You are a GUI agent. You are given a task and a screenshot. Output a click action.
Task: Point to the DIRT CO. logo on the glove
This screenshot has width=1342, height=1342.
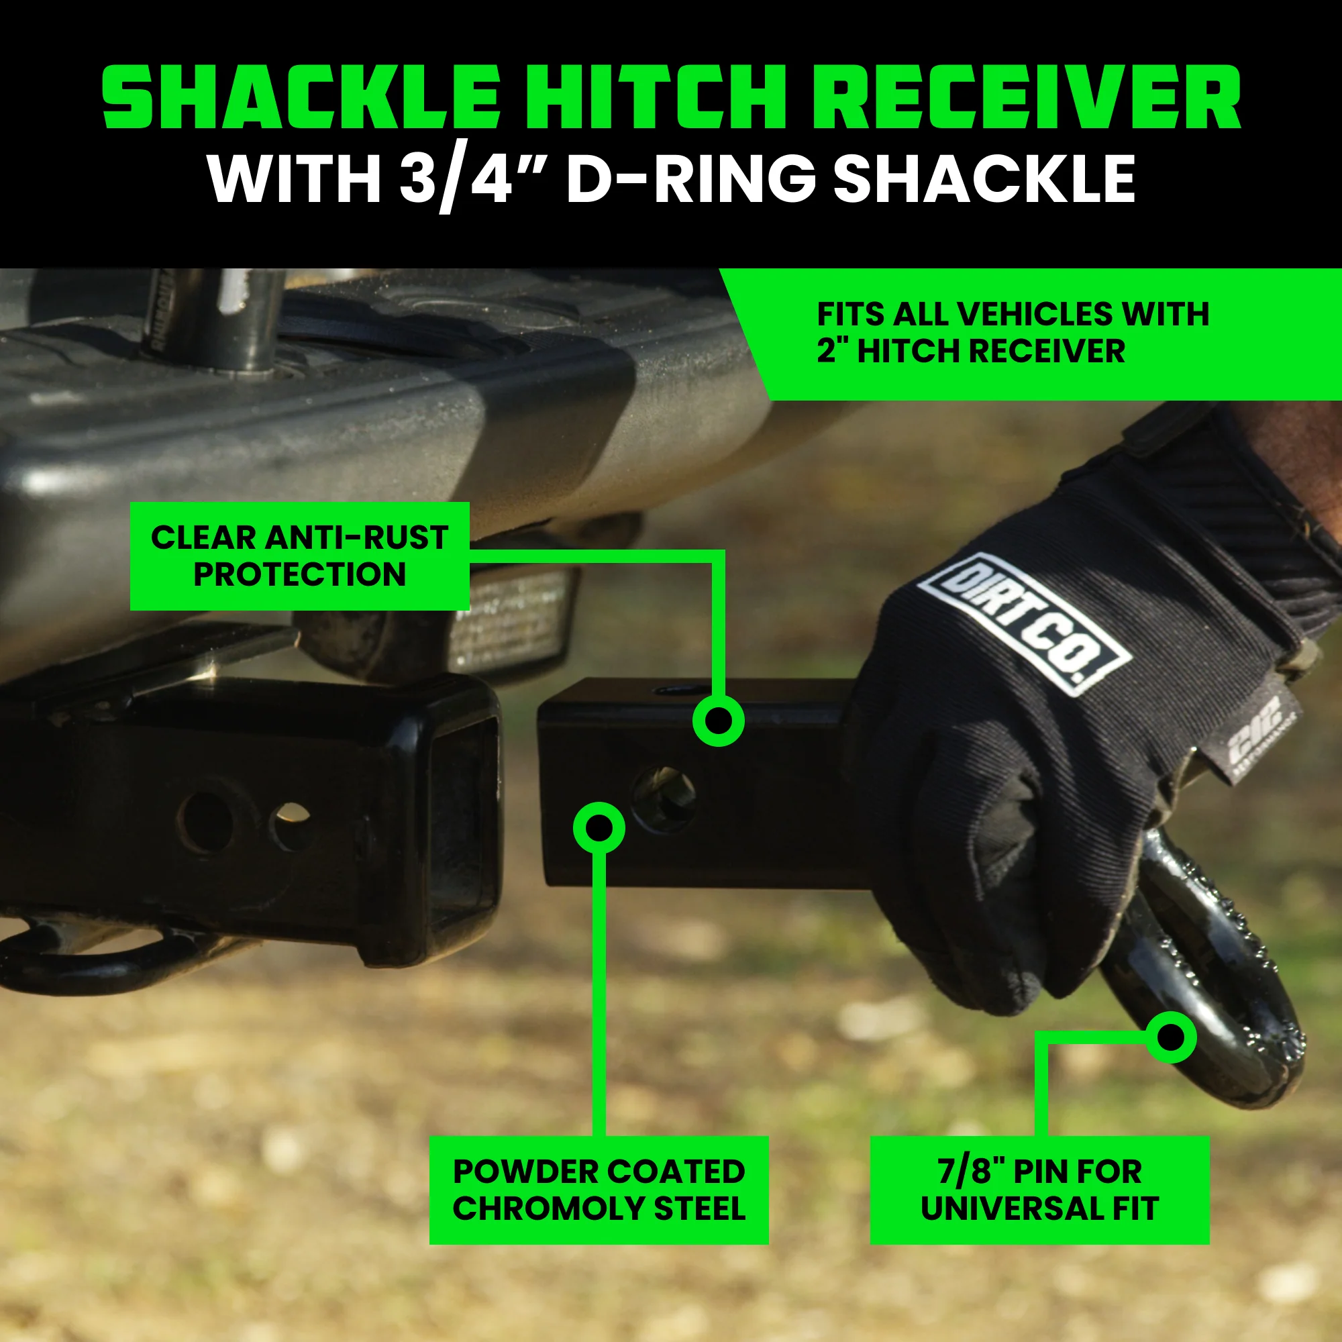pyautogui.click(x=1024, y=623)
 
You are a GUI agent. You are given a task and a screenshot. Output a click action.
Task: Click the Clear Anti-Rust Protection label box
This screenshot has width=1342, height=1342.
pyautogui.click(x=299, y=556)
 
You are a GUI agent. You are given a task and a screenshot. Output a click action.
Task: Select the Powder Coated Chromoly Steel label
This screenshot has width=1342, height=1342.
pyautogui.click(x=599, y=1190)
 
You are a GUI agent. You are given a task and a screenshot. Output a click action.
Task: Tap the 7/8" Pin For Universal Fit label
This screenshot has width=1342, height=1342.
pyautogui.click(x=1039, y=1190)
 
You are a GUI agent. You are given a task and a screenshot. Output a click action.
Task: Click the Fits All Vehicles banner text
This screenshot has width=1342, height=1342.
pyautogui.click(x=1011, y=332)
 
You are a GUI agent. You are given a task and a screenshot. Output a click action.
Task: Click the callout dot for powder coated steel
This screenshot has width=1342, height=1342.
pyautogui.click(x=599, y=827)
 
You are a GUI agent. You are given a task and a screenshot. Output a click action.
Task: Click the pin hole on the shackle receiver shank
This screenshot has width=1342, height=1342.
pyautogui.click(x=664, y=798)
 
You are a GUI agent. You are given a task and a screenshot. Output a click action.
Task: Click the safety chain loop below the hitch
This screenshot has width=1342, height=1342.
pyautogui.click(x=104, y=951)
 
